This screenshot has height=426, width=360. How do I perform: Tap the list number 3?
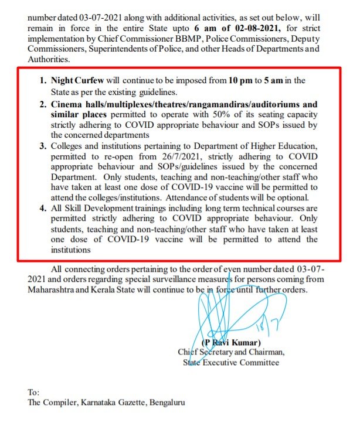point(42,142)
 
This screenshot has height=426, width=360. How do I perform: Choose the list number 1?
point(42,80)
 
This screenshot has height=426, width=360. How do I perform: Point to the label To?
point(34,392)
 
